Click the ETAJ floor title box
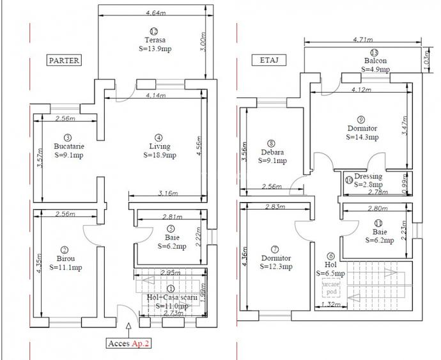coord(268,61)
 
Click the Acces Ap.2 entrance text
coord(130,343)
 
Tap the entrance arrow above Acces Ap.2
coord(130,328)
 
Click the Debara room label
coord(272,157)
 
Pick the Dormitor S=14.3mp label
coord(362,132)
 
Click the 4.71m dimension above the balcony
coord(362,40)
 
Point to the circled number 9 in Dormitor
coord(361,119)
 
